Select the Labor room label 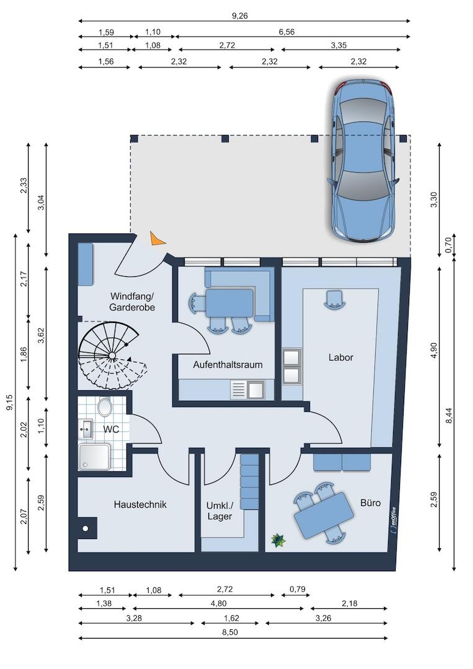pyautogui.click(x=341, y=357)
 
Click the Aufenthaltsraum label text pyautogui.click(x=228, y=365)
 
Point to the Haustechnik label pyautogui.click(x=140, y=504)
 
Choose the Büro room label pyautogui.click(x=370, y=502)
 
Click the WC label pyautogui.click(x=111, y=429)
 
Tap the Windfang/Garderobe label pyautogui.click(x=132, y=301)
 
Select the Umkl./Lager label pyautogui.click(x=220, y=510)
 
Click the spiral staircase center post pyautogui.click(x=112, y=356)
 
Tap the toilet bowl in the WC pyautogui.click(x=104, y=406)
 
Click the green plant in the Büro pyautogui.click(x=278, y=541)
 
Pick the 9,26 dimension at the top pyautogui.click(x=240, y=15)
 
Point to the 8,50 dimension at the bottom pyautogui.click(x=230, y=632)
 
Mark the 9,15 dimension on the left pyautogui.click(x=9, y=403)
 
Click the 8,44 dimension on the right pyautogui.click(x=448, y=416)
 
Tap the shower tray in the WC pyautogui.click(x=94, y=457)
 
